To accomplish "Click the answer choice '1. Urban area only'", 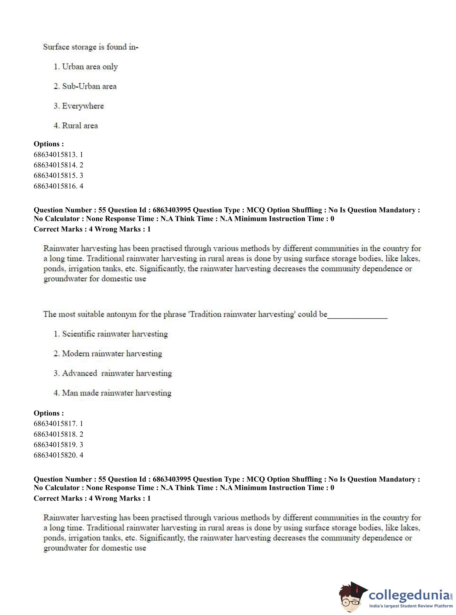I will [x=86, y=67].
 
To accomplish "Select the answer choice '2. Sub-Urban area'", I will [x=85, y=86].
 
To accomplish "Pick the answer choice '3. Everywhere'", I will [x=79, y=106].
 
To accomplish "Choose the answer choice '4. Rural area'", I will [x=76, y=126].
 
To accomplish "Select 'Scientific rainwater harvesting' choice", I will [x=111, y=334].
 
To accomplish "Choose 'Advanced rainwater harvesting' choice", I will [x=113, y=373].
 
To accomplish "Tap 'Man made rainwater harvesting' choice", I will [x=112, y=393].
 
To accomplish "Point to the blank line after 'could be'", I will [x=357, y=316].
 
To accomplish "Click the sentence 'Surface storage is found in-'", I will [x=91, y=47].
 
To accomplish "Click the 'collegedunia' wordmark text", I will [x=409, y=594].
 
